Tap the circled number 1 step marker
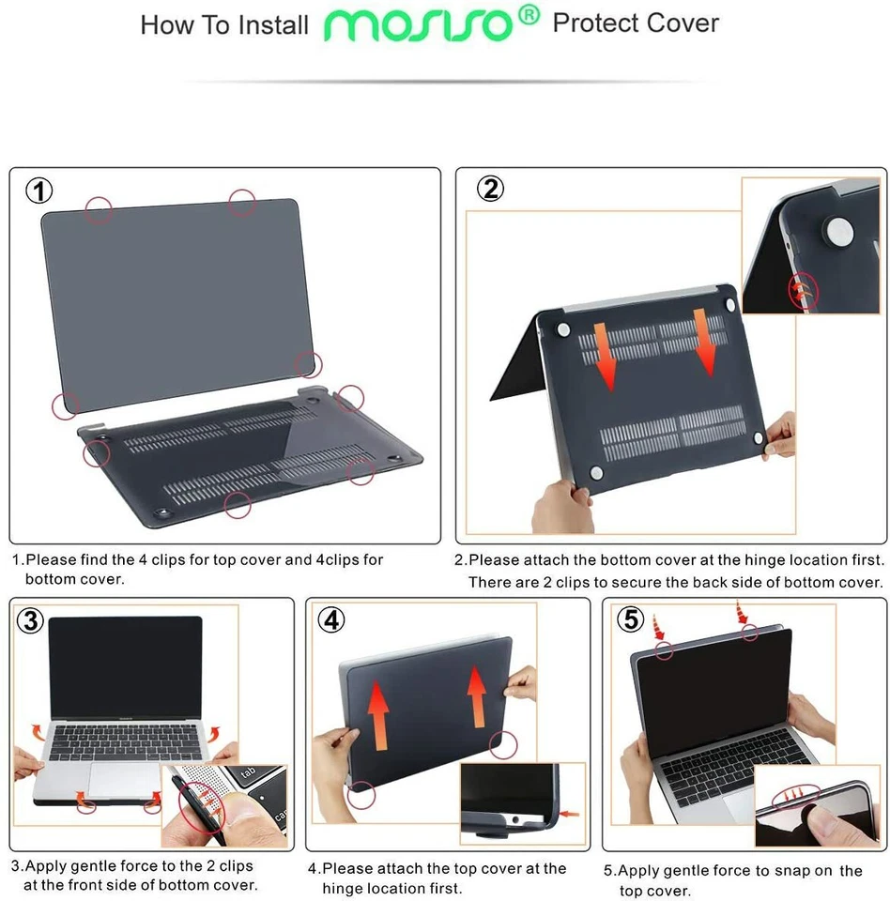coord(38,191)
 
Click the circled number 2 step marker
coord(490,190)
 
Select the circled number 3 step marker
coord(31,620)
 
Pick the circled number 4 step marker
coord(330,619)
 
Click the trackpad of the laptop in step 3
coord(124,779)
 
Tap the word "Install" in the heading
coord(272,25)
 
